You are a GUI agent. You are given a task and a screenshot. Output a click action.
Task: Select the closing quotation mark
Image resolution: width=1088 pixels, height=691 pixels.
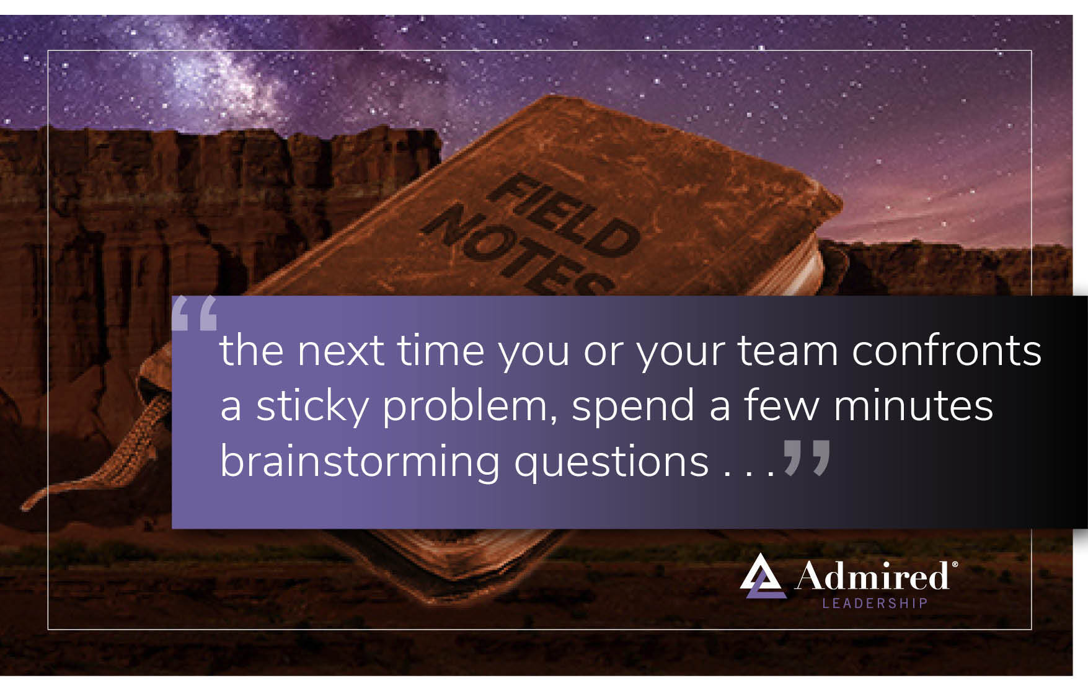click(807, 457)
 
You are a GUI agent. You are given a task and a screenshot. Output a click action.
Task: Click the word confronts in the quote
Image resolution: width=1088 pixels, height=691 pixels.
click(947, 351)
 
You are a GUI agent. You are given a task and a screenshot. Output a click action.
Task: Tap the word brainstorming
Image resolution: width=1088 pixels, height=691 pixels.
click(360, 462)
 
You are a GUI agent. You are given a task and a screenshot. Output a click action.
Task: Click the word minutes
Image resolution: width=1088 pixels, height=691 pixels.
click(913, 406)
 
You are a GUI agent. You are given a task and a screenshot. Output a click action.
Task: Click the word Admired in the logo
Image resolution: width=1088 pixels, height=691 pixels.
click(872, 576)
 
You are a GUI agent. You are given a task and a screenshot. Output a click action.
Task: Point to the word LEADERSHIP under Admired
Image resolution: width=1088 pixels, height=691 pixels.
click(875, 603)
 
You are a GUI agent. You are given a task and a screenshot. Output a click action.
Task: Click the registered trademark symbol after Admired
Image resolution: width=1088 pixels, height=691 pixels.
click(955, 565)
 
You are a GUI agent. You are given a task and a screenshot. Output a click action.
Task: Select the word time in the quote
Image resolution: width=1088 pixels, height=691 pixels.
click(441, 351)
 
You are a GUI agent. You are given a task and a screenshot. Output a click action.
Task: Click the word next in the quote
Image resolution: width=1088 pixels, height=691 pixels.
click(340, 351)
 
